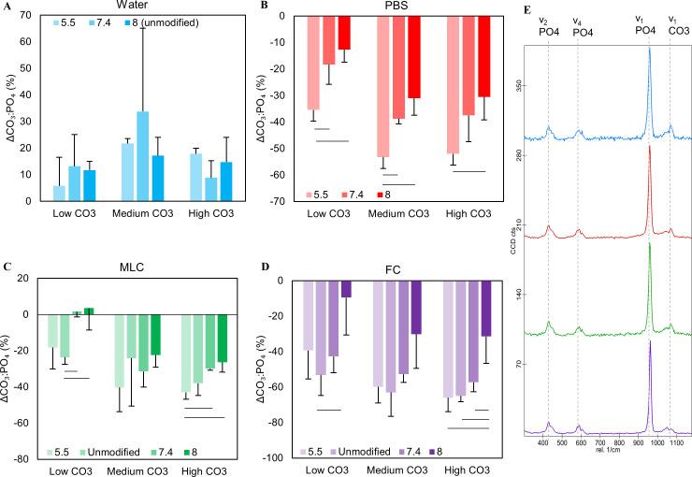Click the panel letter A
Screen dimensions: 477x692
tap(6, 7)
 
